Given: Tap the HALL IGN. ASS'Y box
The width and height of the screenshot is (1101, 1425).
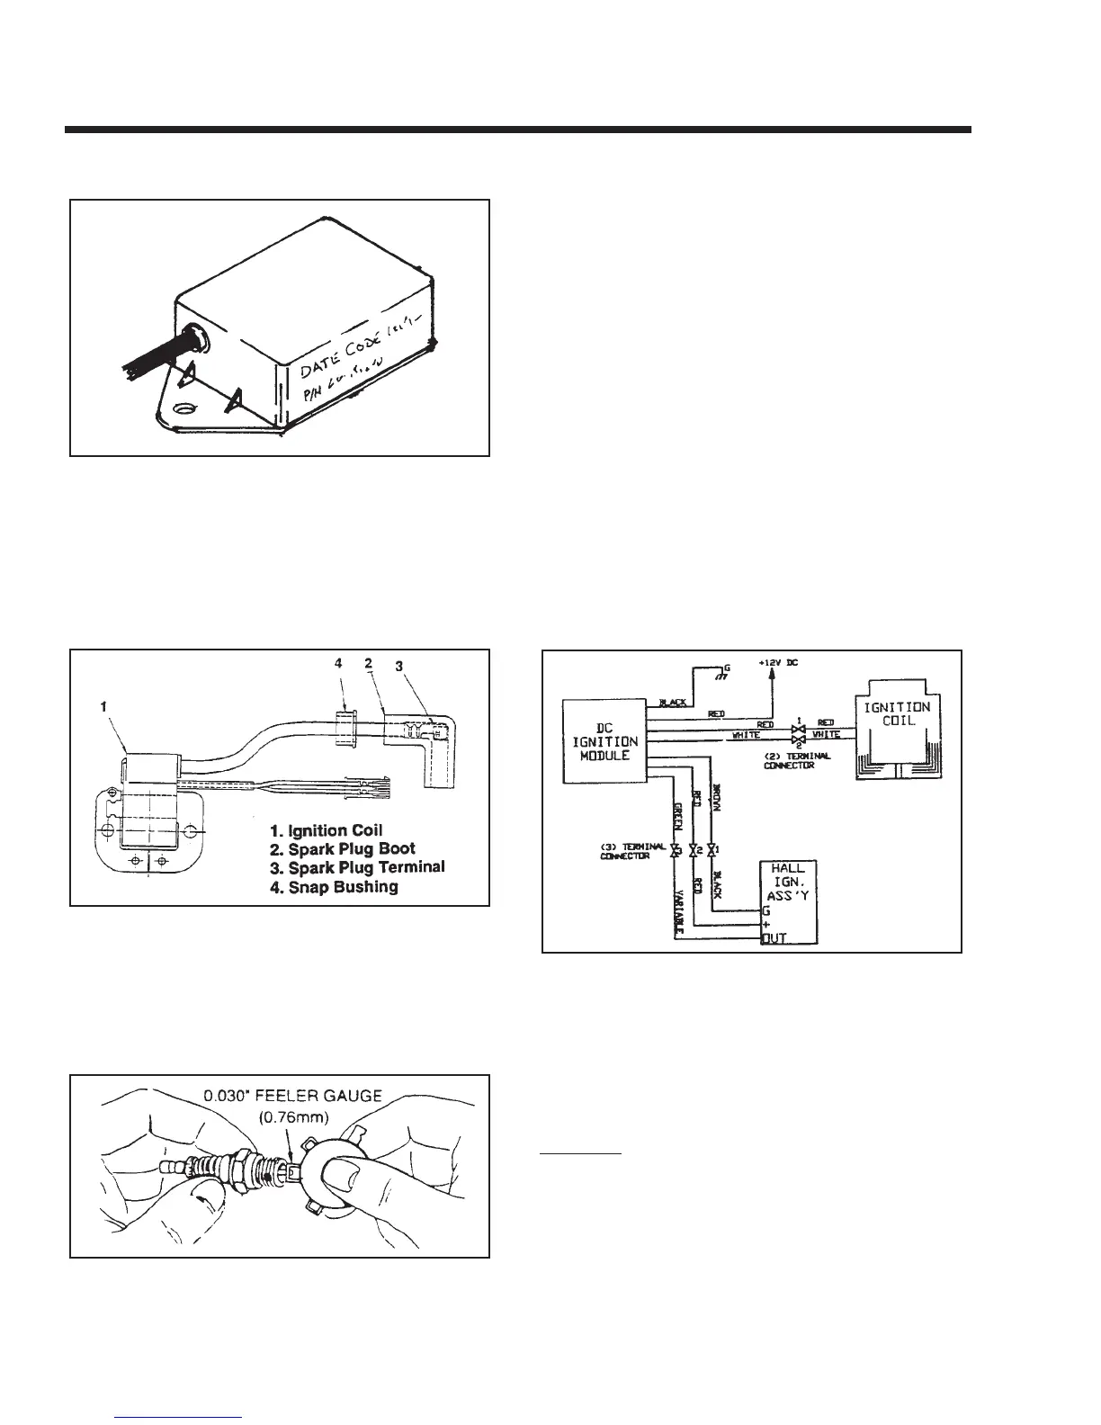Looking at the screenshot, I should coord(789,902).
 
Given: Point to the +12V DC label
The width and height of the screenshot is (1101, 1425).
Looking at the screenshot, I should coord(779,663).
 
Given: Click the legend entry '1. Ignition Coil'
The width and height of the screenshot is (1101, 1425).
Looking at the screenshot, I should coord(327,829).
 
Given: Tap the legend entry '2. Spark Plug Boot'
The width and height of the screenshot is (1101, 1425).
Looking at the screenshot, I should coord(343,848).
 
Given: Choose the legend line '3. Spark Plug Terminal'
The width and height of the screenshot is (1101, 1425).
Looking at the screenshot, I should coord(357,867).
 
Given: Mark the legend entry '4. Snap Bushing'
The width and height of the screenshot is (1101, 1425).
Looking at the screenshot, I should coord(334,886).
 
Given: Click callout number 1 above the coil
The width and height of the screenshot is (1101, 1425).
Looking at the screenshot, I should coord(104,708).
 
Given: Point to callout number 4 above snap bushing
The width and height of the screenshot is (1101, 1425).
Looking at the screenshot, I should coord(338,663).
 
